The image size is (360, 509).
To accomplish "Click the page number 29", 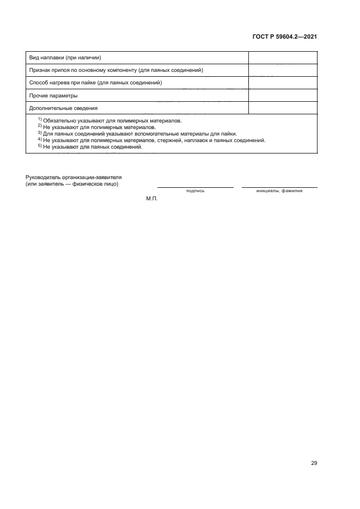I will pyautogui.click(x=314, y=463).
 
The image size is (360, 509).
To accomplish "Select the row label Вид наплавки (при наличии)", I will pyautogui.click(x=66, y=58).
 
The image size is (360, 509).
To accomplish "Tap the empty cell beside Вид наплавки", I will pyautogui.click(x=283, y=58).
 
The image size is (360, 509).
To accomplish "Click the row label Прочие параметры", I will pyautogui.click(x=50, y=95).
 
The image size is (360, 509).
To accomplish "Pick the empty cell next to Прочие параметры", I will pyautogui.click(x=283, y=95).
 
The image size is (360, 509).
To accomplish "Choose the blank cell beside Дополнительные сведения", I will pyautogui.click(x=283, y=108).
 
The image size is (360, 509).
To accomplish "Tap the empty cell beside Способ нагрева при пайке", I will pyautogui.click(x=283, y=83).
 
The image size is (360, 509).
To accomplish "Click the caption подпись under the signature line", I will pyautogui.click(x=195, y=191).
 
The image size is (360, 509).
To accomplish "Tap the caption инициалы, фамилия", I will pyautogui.click(x=279, y=191).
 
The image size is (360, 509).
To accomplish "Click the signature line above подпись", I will pyautogui.click(x=196, y=187).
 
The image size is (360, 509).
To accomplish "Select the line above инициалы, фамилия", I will pyautogui.click(x=279, y=187).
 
